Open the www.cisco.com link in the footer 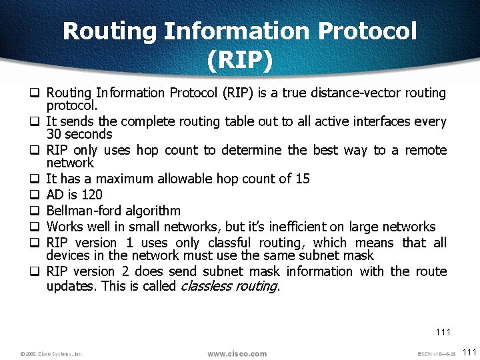237,353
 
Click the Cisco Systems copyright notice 51,354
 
